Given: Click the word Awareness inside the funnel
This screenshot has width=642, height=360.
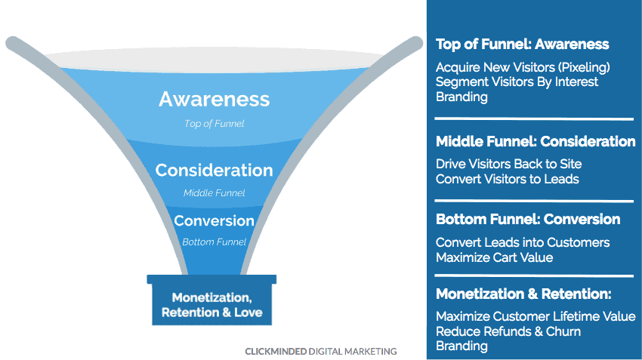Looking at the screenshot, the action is [215, 99].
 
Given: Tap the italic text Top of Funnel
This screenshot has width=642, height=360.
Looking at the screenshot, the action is [215, 124].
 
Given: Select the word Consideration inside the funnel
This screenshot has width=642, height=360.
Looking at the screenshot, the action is [215, 170].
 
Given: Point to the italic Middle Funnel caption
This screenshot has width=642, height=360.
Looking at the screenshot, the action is [215, 192].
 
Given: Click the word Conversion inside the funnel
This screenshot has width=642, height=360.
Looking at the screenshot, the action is [215, 221].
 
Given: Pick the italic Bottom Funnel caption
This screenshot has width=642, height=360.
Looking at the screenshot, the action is [215, 242].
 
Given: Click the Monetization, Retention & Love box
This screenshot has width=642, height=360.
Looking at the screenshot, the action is [211, 300].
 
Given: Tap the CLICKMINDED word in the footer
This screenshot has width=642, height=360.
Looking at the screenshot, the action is [276, 352].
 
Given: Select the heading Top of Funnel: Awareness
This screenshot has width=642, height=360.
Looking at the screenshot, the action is [523, 45].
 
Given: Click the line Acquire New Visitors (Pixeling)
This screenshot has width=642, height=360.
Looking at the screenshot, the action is [523, 67].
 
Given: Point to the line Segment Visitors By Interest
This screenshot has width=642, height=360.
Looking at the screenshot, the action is [517, 82].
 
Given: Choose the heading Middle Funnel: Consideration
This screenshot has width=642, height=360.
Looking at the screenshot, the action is [536, 142].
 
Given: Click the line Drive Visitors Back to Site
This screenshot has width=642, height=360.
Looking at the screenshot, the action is [508, 164].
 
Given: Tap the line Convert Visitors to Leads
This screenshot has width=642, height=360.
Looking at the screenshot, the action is [508, 179].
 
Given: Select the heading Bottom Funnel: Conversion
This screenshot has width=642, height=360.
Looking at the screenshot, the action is [528, 220].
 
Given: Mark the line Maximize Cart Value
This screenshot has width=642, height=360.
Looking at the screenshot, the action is [494, 257].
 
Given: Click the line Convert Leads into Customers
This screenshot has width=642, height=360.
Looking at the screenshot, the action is [523, 242].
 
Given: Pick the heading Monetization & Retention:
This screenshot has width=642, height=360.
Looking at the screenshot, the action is [523, 294].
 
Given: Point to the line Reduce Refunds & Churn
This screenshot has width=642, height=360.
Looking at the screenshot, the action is [508, 331].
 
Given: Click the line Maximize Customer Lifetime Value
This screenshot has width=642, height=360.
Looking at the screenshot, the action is [536, 317].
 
